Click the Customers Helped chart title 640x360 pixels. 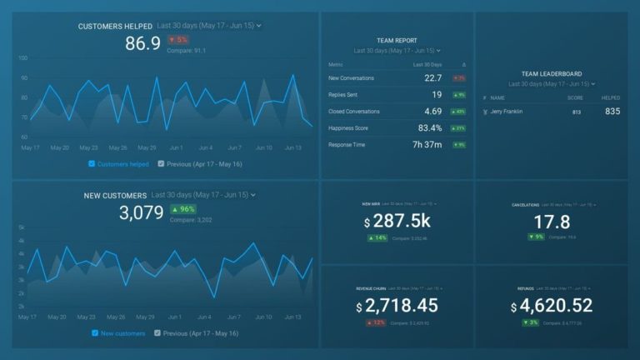click(114, 27)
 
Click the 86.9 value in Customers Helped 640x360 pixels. click(142, 44)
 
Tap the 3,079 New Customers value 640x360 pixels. click(142, 212)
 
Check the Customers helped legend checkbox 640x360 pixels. click(92, 164)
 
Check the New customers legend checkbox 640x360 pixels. click(96, 333)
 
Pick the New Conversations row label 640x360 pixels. click(351, 78)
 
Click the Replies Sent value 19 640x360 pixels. click(437, 95)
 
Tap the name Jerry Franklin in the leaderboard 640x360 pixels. click(507, 112)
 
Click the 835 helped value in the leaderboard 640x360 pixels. click(612, 112)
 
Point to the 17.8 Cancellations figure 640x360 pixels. click(552, 222)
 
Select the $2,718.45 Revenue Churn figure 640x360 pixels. click(397, 307)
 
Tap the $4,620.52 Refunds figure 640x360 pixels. click(552, 307)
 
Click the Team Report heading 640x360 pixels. click(397, 40)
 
